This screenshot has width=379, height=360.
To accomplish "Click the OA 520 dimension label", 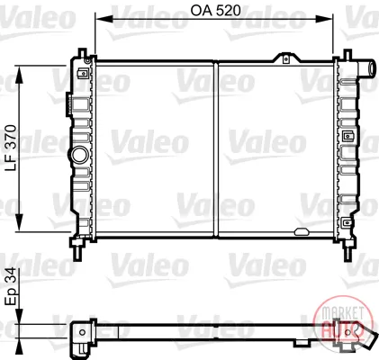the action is coord(215,11).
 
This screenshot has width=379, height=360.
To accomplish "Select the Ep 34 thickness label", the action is coord(11,286).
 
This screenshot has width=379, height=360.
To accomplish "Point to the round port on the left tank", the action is coord(80,155).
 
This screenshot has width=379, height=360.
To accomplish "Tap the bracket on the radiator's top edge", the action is coord(286,58).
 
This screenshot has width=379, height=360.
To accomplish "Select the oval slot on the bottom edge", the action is coord(301,231).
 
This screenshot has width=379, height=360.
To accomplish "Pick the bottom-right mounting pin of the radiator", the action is coord(347,249).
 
